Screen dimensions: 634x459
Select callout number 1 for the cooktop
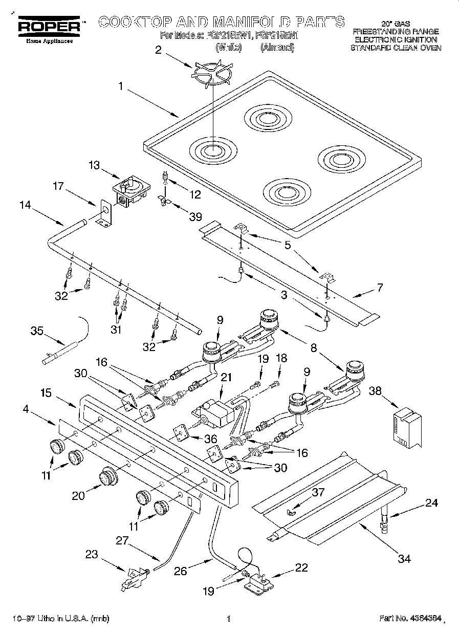click(x=121, y=86)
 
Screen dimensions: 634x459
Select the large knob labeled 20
click(x=107, y=477)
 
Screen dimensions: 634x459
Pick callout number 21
click(x=226, y=378)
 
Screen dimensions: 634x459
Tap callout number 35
click(x=36, y=331)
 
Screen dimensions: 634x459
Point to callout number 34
click(x=404, y=558)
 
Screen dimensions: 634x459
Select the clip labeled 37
click(x=293, y=511)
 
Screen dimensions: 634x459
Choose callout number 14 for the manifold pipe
click(x=25, y=205)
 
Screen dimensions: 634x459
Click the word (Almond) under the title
click(x=277, y=48)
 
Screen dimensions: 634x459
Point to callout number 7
click(x=379, y=288)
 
